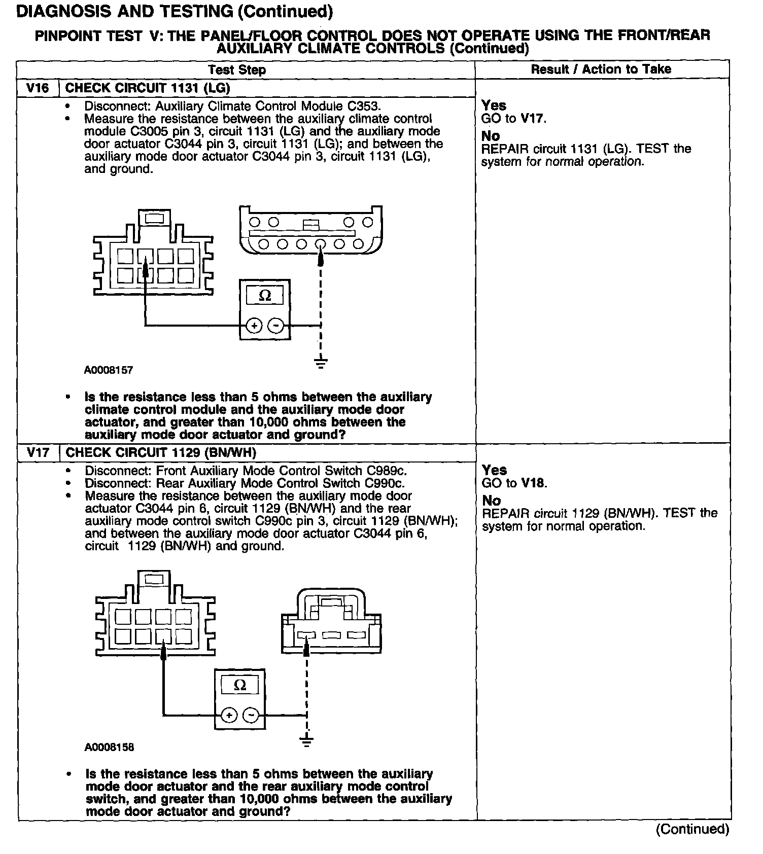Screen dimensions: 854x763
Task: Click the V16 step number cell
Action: point(38,88)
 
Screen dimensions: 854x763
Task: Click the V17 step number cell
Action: point(38,452)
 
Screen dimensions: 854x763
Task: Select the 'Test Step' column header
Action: point(237,70)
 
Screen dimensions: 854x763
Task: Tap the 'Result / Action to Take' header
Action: point(601,69)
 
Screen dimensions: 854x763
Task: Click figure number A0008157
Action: point(109,370)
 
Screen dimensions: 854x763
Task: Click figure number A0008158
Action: point(109,748)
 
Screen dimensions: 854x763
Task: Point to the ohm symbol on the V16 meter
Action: point(265,295)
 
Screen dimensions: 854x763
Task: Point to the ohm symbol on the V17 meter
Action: point(240,686)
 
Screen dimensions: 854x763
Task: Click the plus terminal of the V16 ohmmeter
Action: point(255,326)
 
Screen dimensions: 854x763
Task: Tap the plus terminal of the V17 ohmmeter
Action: point(229,716)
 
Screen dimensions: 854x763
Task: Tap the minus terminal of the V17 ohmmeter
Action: point(251,716)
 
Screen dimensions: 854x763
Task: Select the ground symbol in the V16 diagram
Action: point(320,363)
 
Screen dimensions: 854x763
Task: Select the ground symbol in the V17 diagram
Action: point(306,740)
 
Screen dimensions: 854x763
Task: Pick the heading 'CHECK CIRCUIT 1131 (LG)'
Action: point(148,88)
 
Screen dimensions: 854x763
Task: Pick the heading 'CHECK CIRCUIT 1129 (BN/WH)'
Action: point(161,452)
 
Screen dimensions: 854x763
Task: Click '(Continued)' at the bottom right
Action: point(692,830)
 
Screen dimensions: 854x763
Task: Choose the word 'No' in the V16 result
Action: point(491,136)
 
